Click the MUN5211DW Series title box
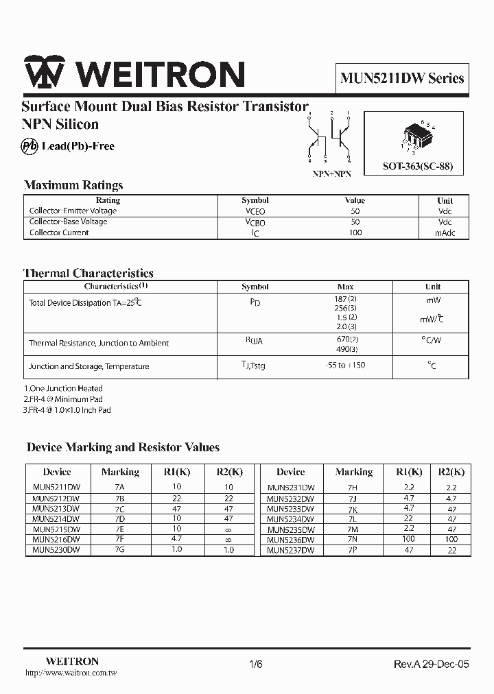click(402, 79)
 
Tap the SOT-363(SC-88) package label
click(418, 167)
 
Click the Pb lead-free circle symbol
click(30, 146)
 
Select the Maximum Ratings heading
click(73, 185)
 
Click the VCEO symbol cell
click(255, 212)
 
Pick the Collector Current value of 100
click(355, 232)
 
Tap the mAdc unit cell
click(445, 232)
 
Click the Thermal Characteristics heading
click(89, 273)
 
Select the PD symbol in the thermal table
click(255, 302)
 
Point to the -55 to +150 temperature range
click(345, 366)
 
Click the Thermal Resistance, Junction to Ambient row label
click(99, 343)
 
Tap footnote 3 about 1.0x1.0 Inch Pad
click(67, 410)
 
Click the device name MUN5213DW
click(56, 509)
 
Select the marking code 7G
click(120, 550)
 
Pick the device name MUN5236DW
click(290, 540)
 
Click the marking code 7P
click(353, 550)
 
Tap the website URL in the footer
click(71, 673)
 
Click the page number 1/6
click(255, 664)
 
